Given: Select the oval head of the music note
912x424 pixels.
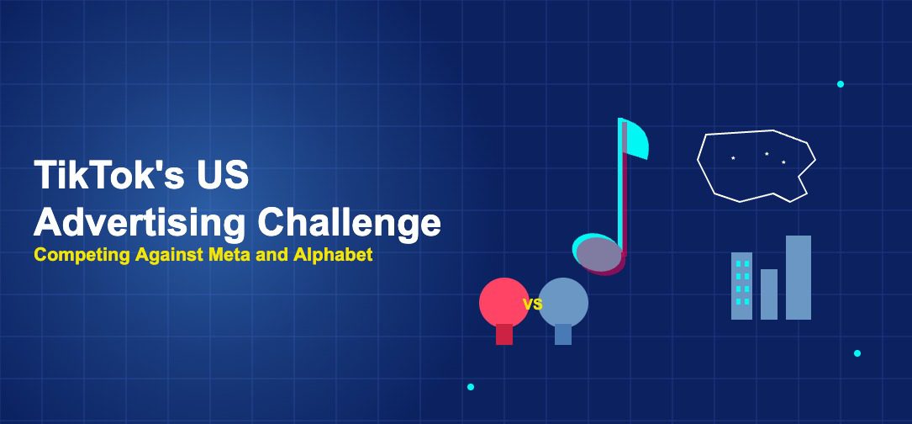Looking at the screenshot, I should (x=598, y=254).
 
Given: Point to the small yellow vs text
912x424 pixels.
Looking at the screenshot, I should (x=533, y=305).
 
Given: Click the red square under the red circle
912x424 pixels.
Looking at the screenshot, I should (x=504, y=334).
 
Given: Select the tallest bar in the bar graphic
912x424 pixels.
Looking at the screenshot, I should (x=799, y=278).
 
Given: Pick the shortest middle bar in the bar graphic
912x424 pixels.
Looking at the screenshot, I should (x=769, y=294).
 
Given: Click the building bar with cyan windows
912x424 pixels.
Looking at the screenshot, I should (x=741, y=286).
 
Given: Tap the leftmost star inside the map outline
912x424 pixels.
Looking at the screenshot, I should (x=733, y=157).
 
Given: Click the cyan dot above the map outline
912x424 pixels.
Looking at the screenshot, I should (x=841, y=84).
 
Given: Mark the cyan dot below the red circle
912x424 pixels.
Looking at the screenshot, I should (x=471, y=387).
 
